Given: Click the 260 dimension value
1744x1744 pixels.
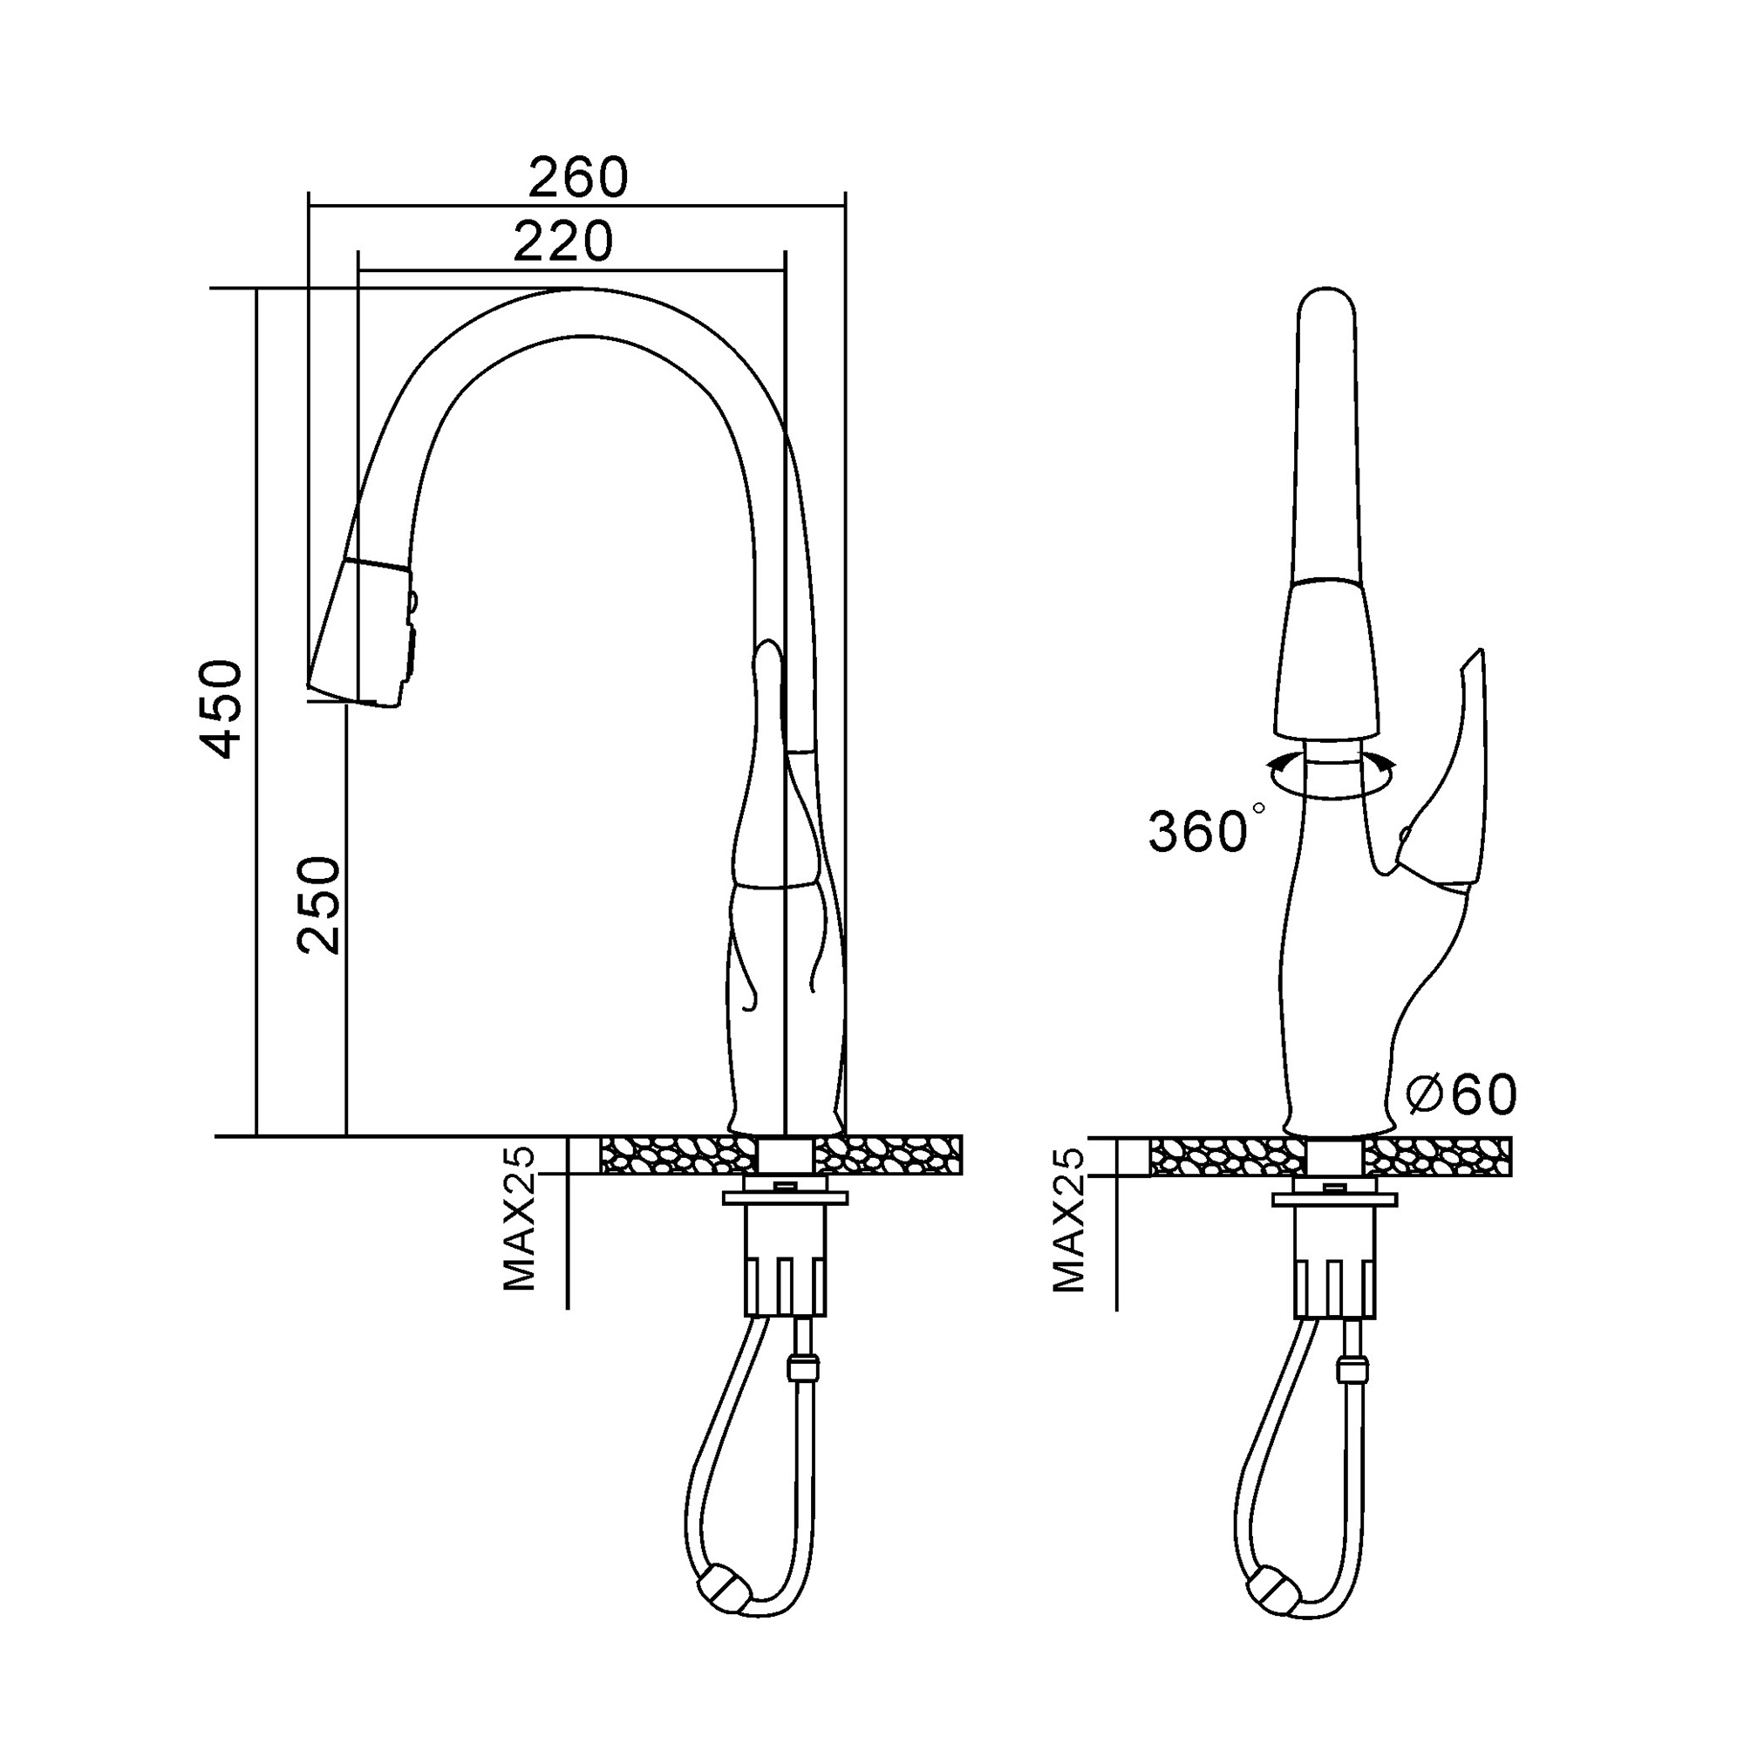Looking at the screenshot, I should point(578,178).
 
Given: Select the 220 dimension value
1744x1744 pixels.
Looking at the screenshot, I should point(563,242).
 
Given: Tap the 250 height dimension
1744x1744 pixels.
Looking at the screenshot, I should point(319,905).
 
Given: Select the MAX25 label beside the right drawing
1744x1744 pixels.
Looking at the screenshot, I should point(1069,1221).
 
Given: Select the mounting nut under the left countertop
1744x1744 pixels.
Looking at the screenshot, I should point(786,1198).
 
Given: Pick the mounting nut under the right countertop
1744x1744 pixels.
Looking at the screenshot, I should point(1334,1200).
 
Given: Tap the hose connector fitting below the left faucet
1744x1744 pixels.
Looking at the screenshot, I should point(802,1366).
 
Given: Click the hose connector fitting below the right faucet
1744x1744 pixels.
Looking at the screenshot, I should point(1352,1367).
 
